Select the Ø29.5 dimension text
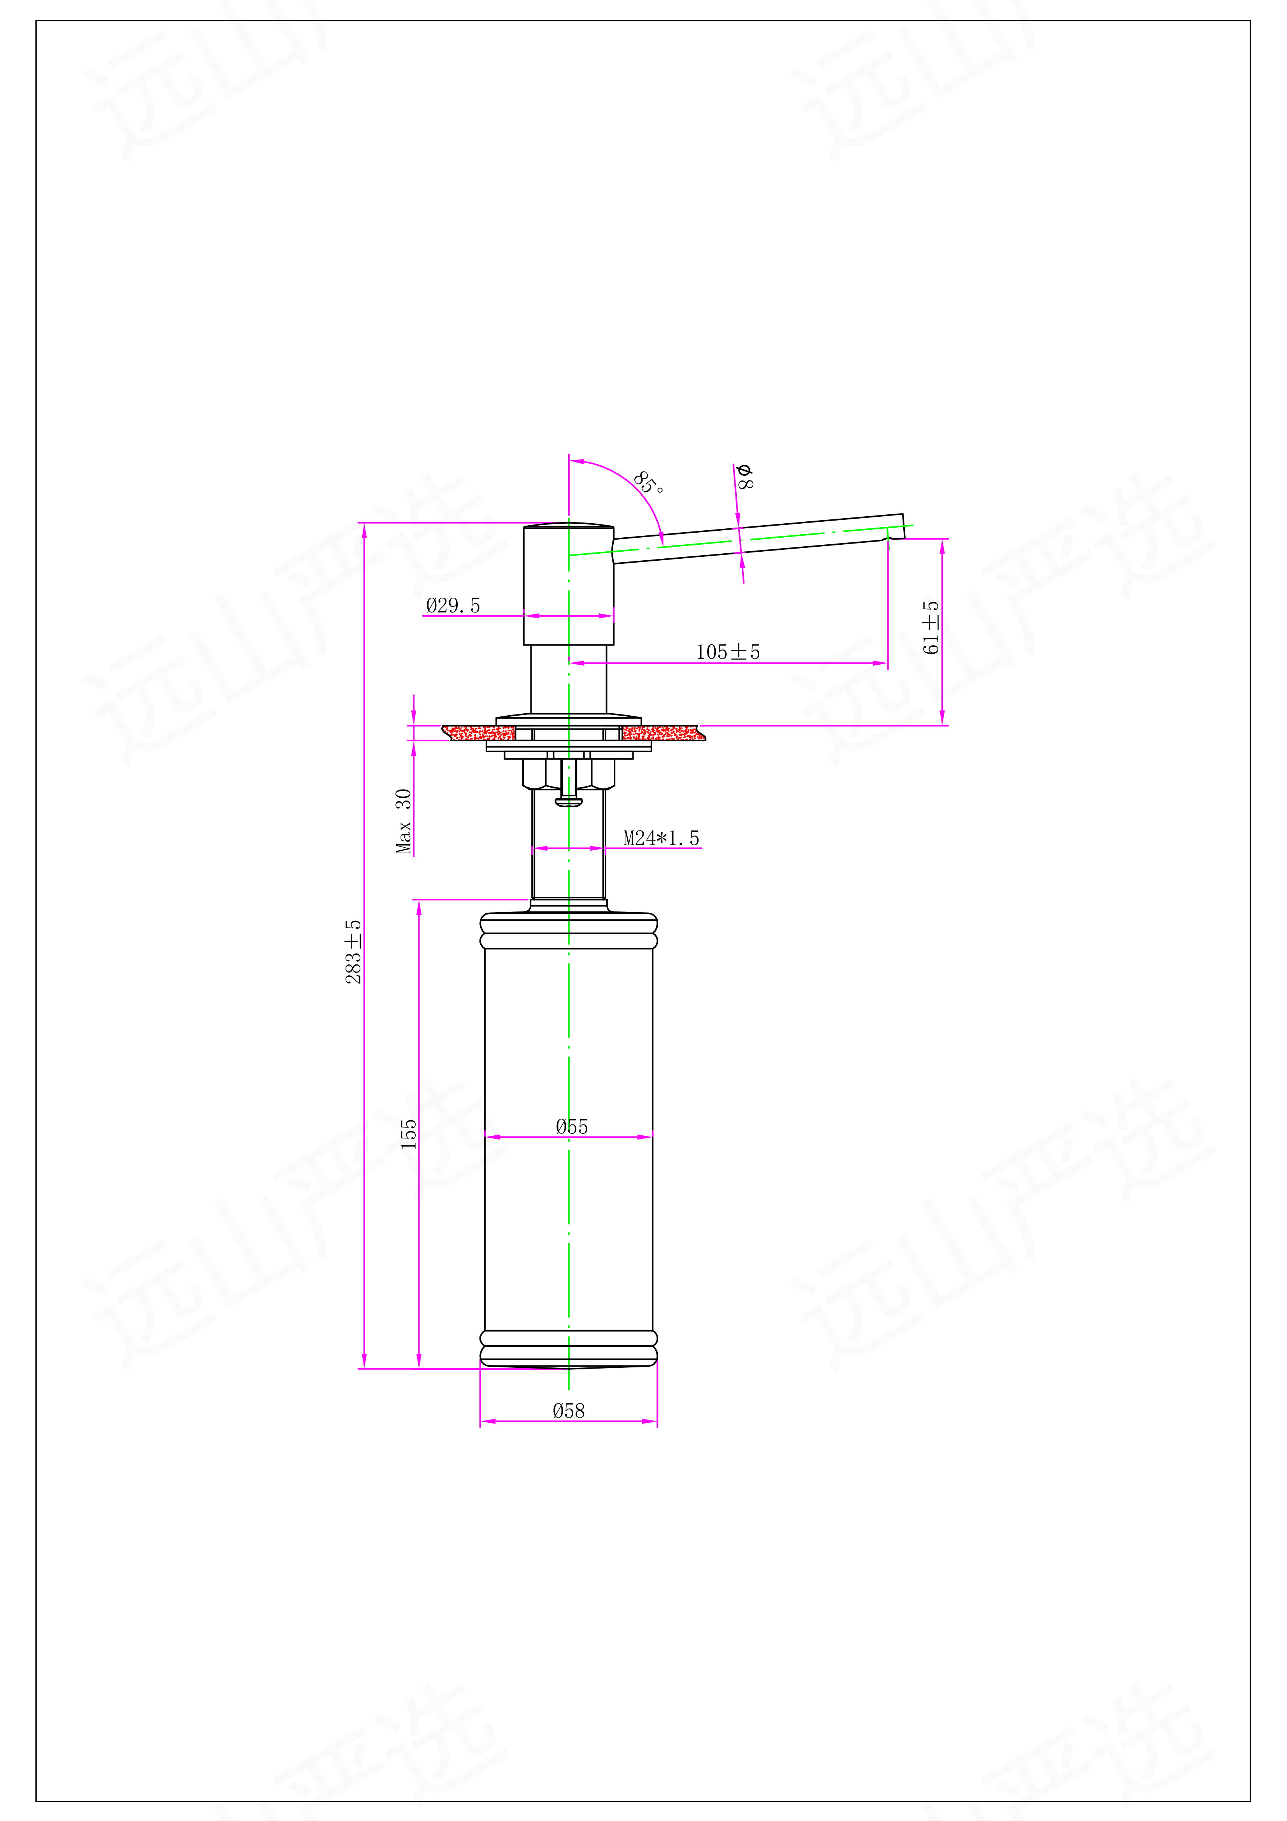coord(453,605)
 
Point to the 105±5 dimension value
coord(728,652)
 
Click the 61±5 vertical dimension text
coord(931,627)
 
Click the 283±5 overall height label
coord(353,952)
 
